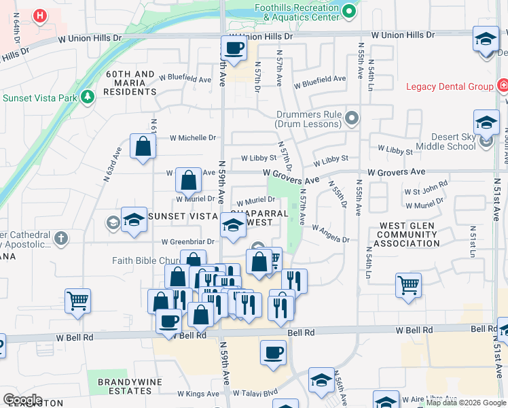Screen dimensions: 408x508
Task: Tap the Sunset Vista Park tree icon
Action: click(87, 98)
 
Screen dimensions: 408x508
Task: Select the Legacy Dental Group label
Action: click(450, 86)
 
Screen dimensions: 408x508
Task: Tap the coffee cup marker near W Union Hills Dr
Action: click(234, 49)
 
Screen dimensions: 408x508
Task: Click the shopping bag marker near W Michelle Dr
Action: click(143, 146)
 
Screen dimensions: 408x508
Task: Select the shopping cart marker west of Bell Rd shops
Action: click(78, 300)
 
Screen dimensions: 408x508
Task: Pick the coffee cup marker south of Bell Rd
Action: click(274, 352)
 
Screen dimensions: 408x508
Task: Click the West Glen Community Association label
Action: click(409, 235)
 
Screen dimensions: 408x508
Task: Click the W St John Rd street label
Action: click(426, 184)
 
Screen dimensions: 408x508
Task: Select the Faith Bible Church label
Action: click(145, 260)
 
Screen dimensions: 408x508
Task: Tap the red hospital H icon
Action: click(40, 15)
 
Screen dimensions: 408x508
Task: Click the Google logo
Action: click(22, 400)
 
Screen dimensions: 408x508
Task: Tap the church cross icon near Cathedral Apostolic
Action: click(61, 237)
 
